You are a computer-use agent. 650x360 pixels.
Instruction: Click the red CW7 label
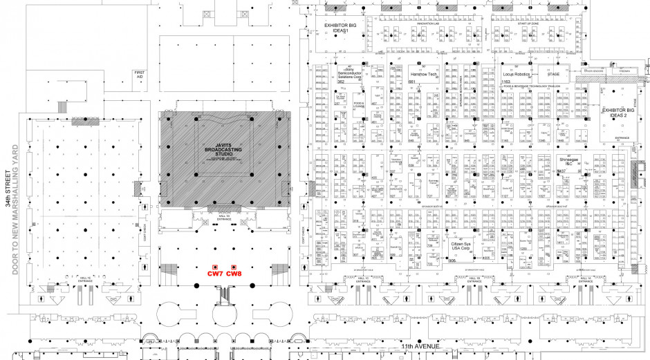(216, 274)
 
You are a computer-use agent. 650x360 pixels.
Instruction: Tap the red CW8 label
(234, 274)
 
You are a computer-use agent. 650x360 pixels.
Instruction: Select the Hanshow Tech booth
(423, 74)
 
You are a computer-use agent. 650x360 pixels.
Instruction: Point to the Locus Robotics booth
(516, 74)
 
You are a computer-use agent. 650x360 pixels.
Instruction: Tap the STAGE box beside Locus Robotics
(553, 74)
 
